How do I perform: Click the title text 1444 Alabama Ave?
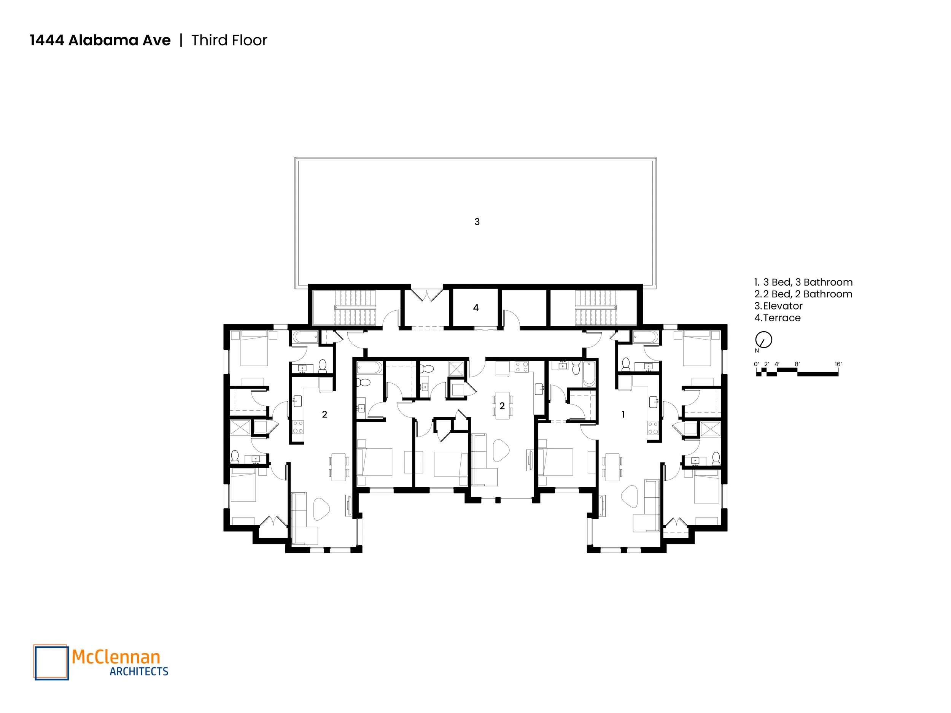100,40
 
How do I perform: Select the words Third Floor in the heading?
229,40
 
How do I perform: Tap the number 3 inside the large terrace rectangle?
477,222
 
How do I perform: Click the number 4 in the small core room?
475,308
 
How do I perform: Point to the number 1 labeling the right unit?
623,414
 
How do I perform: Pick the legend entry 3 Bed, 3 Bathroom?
808,283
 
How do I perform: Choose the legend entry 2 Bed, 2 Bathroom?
808,294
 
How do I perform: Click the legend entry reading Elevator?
782,306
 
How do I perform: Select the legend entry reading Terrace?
782,318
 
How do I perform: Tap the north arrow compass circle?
763,340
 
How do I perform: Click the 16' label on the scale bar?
838,364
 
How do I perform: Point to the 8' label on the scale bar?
797,364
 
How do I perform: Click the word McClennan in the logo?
116,657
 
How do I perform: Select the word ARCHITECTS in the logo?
139,671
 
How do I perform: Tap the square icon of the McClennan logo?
51,662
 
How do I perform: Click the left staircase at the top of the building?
355,307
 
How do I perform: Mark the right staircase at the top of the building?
595,307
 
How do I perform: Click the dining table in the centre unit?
502,405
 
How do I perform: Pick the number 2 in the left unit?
324,414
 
